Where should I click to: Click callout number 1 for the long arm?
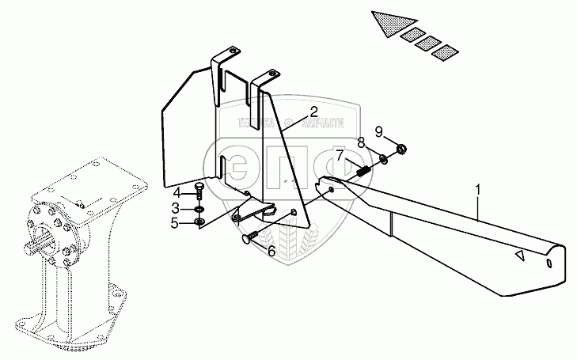(478, 190)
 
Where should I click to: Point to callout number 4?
(177, 192)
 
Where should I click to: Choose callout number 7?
(339, 156)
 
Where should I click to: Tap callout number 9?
(379, 131)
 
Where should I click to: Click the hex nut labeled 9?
(401, 148)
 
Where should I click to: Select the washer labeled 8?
(384, 159)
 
